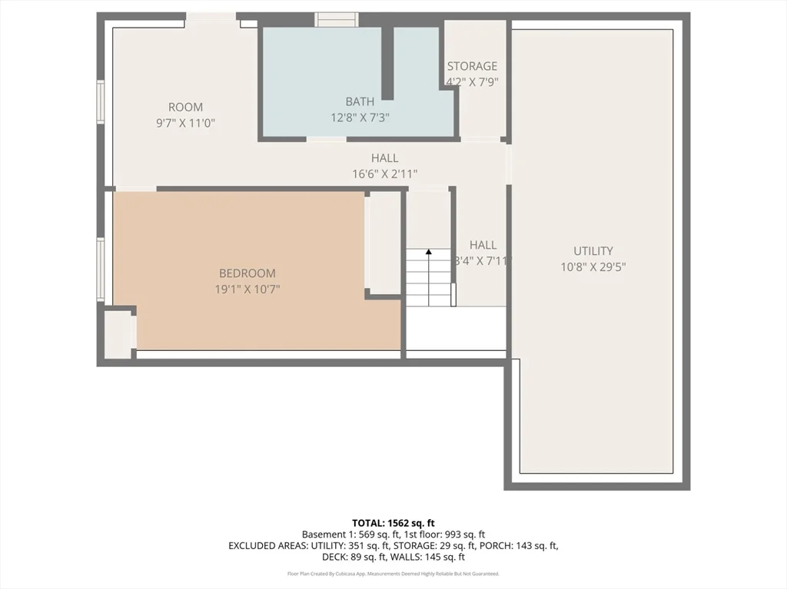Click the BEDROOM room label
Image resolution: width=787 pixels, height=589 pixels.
coord(247,273)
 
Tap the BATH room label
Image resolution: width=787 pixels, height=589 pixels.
coord(360,101)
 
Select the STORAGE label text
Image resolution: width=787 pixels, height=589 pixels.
coord(472,66)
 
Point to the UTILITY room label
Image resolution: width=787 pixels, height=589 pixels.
coord(593,251)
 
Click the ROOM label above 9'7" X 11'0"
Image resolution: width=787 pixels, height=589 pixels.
coord(185,108)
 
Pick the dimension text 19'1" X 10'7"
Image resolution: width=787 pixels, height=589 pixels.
coord(247,290)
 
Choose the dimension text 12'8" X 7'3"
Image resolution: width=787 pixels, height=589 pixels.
coord(360,117)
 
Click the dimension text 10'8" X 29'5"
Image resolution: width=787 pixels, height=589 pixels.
coord(593,267)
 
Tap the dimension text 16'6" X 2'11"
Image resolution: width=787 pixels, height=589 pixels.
coord(384,174)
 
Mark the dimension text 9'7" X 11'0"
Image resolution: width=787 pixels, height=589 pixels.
coord(185,123)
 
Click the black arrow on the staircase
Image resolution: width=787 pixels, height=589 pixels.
coord(428,251)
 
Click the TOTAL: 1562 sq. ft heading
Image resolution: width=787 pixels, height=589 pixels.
coord(393,522)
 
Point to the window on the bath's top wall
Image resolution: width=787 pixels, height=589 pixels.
coord(337,19)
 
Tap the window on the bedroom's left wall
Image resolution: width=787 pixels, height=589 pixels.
coord(100,269)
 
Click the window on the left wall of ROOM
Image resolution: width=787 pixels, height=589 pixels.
coord(100,101)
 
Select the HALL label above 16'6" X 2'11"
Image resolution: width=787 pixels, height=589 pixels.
coord(384,158)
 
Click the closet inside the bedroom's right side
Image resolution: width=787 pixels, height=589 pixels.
coord(384,243)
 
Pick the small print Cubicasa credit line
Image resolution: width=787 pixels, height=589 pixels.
coord(393,574)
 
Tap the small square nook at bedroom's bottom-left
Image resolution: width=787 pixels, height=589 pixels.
coord(119,333)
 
